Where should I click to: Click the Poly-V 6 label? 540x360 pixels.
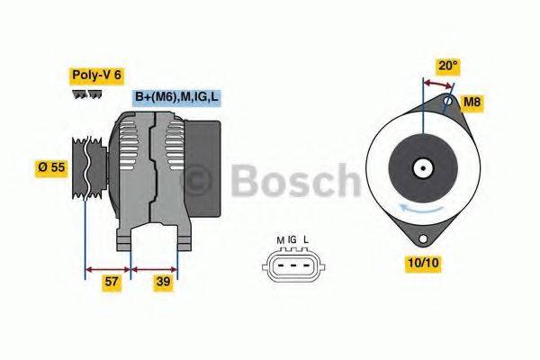point(94,75)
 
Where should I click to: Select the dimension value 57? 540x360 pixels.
point(110,282)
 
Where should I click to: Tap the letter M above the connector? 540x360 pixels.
point(280,239)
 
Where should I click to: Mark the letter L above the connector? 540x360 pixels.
point(306,239)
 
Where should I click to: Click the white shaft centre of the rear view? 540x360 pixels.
point(421,167)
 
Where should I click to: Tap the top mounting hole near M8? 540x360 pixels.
point(445,102)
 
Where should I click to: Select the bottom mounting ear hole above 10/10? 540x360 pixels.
point(418,238)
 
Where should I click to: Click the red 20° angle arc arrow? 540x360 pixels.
point(437,84)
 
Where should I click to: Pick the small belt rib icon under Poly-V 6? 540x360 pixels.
point(86,94)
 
